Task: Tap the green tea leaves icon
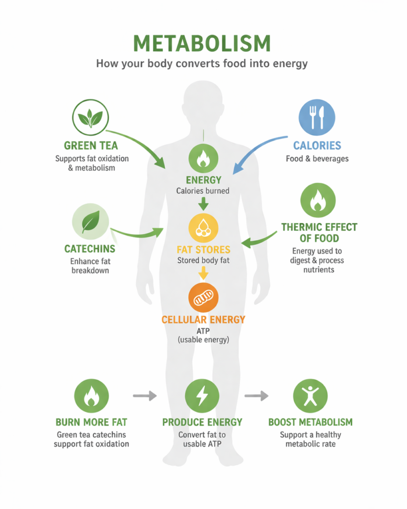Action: [x=90, y=118]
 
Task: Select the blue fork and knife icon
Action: [x=317, y=118]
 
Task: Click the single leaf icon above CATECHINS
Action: [x=90, y=222]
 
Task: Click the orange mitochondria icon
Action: [x=203, y=297]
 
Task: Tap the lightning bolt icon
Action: [x=202, y=396]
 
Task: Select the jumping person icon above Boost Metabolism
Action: [x=310, y=396]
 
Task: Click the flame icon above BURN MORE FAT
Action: [x=91, y=396]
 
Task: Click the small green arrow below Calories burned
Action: [x=203, y=203]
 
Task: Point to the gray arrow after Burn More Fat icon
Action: [x=145, y=396]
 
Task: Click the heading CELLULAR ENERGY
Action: [x=203, y=320]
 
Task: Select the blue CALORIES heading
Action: [x=317, y=146]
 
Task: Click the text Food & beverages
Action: [x=317, y=159]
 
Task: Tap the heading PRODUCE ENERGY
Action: [x=202, y=422]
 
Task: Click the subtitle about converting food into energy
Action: [x=203, y=64]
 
